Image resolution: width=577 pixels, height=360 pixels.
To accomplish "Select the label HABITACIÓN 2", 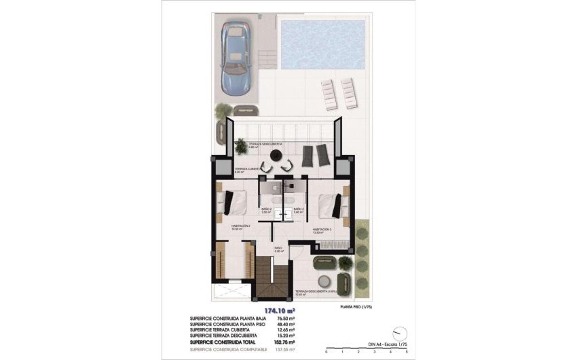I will click(242, 226).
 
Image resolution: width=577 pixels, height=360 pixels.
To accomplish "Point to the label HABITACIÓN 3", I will click(324, 230).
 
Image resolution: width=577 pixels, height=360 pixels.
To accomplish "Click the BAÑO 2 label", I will click(266, 210).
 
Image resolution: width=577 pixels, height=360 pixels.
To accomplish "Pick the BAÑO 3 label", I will click(298, 210).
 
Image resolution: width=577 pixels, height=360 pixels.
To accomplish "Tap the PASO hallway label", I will click(278, 249).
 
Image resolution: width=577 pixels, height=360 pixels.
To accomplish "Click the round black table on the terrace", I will click(276, 156).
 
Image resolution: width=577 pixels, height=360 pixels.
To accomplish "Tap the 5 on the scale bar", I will click(406, 353).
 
